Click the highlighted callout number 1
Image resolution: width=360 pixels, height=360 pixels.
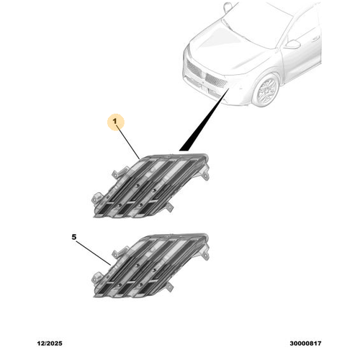(x=115, y=122)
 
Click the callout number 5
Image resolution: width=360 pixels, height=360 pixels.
(x=74, y=237)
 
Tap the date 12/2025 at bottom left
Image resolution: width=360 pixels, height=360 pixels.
(x=50, y=343)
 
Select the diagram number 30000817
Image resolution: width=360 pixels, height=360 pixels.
(x=305, y=343)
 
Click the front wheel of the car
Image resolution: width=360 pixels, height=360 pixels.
(x=267, y=90)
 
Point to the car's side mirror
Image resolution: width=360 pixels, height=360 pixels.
(x=293, y=44)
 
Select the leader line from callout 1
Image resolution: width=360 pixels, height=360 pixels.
(x=128, y=142)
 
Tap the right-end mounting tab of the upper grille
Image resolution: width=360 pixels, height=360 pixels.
(x=205, y=175)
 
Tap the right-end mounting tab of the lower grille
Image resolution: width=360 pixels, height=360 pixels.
(x=205, y=255)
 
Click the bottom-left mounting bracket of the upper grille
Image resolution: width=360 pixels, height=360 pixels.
(x=96, y=197)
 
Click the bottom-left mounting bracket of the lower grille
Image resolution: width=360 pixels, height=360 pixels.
(x=96, y=278)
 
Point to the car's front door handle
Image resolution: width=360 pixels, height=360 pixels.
(x=316, y=38)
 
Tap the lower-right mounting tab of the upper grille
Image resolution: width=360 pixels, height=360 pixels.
(x=170, y=207)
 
